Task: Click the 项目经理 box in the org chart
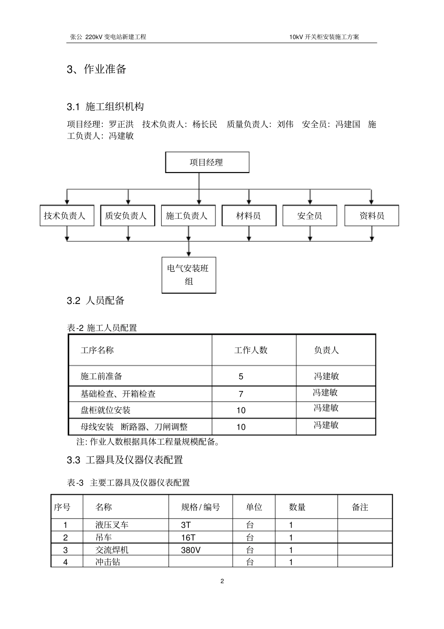pyautogui.click(x=207, y=162)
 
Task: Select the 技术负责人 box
pyautogui.click(x=65, y=216)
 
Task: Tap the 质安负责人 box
pyautogui.click(x=127, y=216)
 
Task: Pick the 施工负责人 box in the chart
pyautogui.click(x=188, y=216)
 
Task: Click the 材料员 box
pyautogui.click(x=249, y=216)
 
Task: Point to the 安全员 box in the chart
pyautogui.click(x=309, y=216)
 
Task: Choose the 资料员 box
pyautogui.click(x=372, y=216)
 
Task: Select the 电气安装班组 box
pyautogui.click(x=189, y=275)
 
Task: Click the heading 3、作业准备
pyautogui.click(x=97, y=69)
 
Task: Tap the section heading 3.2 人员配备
pyautogui.click(x=96, y=301)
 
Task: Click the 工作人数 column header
pyautogui.click(x=251, y=350)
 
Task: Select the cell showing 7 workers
pyautogui.click(x=241, y=394)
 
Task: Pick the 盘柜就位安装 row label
pyautogui.click(x=106, y=411)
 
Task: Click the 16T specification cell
pyautogui.click(x=188, y=538)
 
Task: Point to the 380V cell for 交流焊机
pyautogui.click(x=191, y=550)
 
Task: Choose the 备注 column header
pyautogui.click(x=360, y=507)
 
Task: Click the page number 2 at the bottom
pyautogui.click(x=222, y=581)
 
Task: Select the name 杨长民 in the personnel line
pyautogui.click(x=205, y=124)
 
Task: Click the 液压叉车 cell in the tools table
pyautogui.click(x=112, y=525)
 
